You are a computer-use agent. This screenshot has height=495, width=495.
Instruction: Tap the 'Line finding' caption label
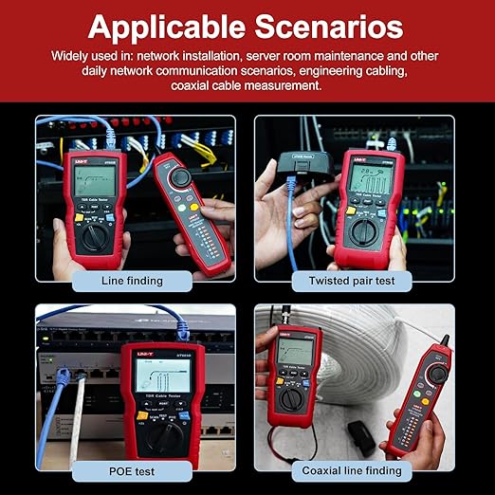132,281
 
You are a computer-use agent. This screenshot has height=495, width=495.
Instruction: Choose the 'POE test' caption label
132,470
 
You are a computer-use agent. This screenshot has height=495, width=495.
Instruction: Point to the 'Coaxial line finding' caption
353,470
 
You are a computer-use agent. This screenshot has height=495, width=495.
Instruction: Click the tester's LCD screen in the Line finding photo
93,181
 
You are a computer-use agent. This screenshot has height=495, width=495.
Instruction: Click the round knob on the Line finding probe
178,176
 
